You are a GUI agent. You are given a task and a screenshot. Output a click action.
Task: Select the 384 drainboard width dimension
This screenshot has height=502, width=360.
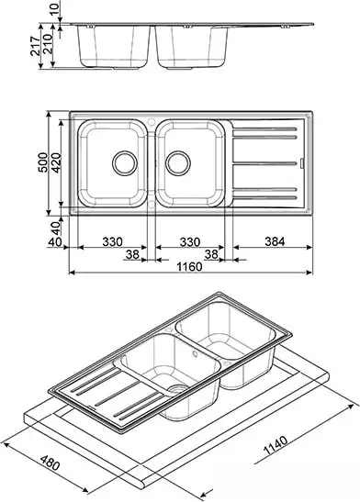273,241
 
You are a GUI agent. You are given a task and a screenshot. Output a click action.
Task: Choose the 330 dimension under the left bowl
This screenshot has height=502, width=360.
112,241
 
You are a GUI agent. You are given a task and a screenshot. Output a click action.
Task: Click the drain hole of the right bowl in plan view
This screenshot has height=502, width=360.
179,163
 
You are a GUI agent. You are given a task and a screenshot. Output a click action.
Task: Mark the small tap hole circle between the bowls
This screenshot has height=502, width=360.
150,118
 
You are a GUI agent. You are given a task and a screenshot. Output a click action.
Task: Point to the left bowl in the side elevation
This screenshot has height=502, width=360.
114,46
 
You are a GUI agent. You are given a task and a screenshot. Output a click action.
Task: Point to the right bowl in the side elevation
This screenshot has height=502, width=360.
189,46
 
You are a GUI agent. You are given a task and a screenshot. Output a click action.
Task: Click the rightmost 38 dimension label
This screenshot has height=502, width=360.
210,255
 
